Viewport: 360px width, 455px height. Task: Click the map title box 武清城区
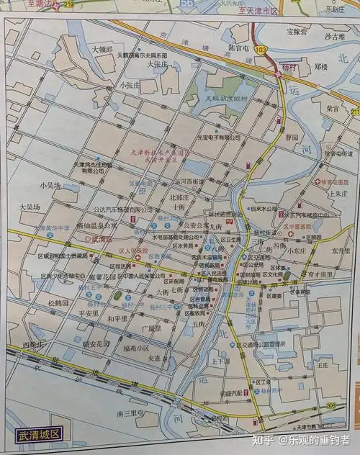tap(40, 436)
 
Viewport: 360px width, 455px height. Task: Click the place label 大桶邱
tap(102, 49)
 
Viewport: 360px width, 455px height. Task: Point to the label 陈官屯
tap(238, 48)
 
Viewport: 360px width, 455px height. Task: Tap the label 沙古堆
tap(336, 36)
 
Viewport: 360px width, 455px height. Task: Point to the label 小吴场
tap(51, 185)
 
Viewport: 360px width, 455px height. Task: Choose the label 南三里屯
tap(130, 414)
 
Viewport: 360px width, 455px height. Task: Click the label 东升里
tap(341, 252)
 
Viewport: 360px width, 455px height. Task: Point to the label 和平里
tap(117, 317)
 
